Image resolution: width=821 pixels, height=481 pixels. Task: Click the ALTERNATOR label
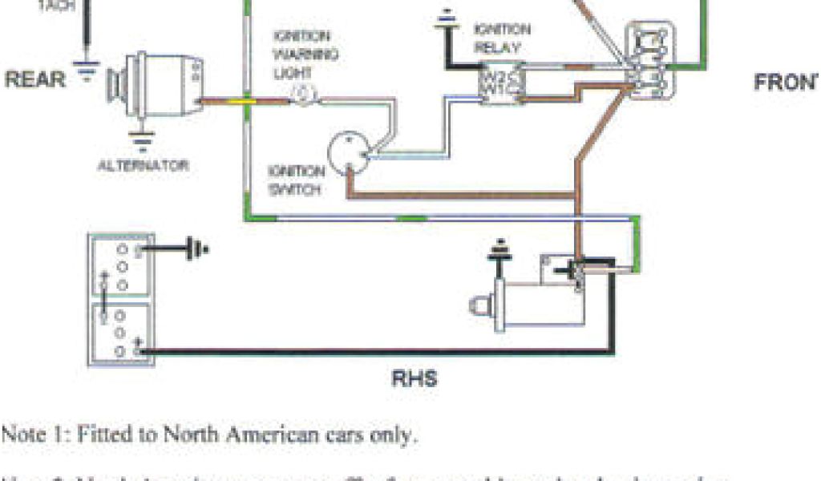[x=143, y=166]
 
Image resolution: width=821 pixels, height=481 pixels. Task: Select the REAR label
[x=35, y=80]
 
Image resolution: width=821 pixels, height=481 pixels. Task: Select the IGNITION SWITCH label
[x=297, y=180]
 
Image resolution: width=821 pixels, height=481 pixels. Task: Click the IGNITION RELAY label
[x=503, y=38]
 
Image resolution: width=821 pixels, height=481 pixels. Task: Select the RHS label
[x=415, y=378]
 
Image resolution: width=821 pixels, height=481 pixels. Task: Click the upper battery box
[x=121, y=265]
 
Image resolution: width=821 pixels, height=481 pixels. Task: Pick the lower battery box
[x=121, y=330]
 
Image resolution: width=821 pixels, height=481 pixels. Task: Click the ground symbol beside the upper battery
[x=196, y=250]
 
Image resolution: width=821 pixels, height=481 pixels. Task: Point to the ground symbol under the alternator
[x=143, y=142]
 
